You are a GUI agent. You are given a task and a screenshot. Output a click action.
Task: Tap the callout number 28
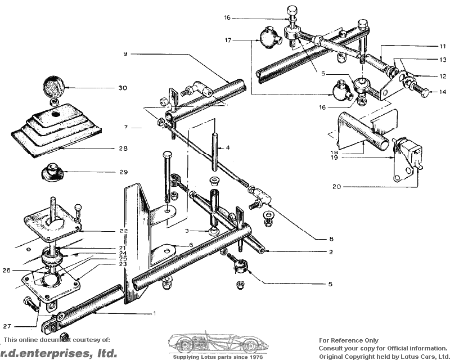point(123,149)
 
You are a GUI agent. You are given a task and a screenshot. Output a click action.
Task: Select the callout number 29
point(123,172)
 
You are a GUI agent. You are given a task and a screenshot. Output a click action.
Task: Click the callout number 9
point(126,53)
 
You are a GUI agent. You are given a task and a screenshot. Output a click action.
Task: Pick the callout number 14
point(442,91)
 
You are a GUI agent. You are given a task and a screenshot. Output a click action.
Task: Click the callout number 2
point(331,251)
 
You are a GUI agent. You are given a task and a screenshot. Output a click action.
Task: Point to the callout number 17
point(228,40)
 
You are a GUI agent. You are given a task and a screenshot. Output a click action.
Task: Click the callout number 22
point(123,231)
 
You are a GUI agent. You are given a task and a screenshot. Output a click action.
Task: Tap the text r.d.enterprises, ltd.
point(58,353)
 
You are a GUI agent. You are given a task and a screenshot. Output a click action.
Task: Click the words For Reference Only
point(349,340)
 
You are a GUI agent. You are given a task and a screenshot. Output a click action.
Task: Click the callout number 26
point(7,270)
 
